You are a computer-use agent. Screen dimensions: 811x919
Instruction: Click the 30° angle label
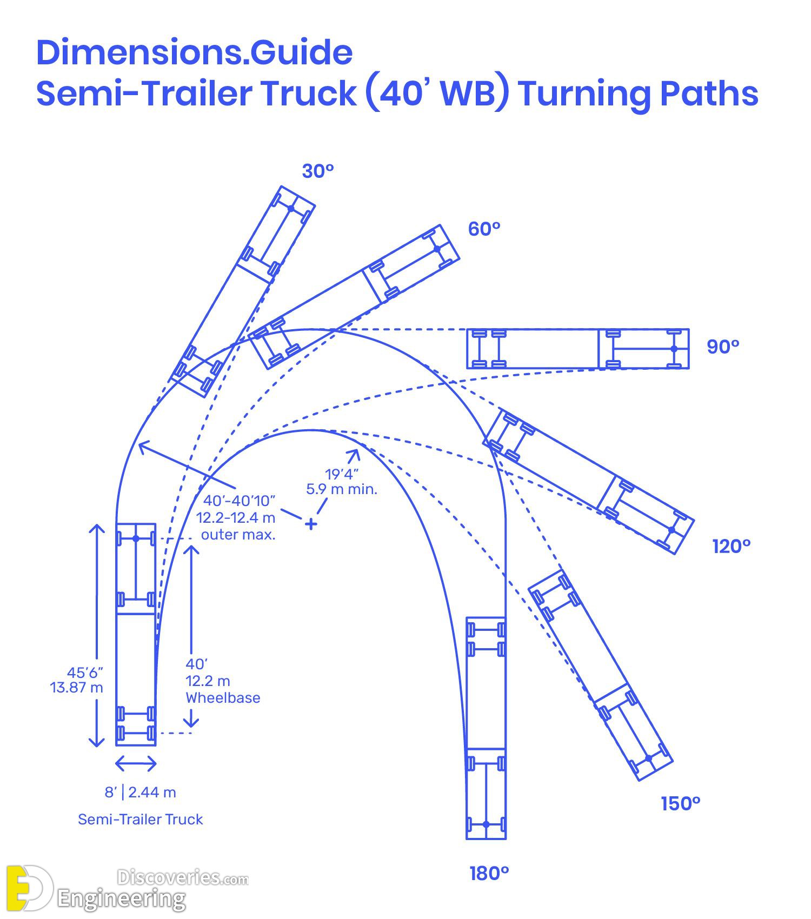coord(318,171)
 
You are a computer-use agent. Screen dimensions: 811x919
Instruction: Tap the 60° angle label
coord(484,229)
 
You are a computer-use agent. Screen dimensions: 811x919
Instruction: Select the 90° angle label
coord(723,347)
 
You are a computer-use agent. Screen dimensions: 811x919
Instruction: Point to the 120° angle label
coord(732,547)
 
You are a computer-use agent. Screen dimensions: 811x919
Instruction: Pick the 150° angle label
coord(681,804)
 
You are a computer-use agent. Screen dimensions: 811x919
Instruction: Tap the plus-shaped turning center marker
coord(310,524)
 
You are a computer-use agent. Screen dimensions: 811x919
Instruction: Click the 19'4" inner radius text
coord(341,475)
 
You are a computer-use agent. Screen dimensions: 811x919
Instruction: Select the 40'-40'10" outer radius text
coord(240,500)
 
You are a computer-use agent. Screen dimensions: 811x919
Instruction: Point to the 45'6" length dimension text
coord(85,672)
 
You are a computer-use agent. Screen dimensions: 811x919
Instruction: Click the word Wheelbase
coord(223,698)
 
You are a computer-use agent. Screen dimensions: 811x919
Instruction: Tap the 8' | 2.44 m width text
coord(140,793)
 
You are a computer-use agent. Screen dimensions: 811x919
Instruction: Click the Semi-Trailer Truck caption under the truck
coord(140,820)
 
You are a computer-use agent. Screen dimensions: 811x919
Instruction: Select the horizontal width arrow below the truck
coord(136,764)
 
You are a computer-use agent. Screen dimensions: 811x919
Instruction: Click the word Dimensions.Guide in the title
coord(195,52)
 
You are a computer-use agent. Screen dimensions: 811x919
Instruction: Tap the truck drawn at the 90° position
coord(578,349)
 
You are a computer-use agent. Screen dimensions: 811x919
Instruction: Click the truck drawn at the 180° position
coord(486,728)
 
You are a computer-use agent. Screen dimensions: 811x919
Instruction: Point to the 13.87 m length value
coord(76,688)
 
